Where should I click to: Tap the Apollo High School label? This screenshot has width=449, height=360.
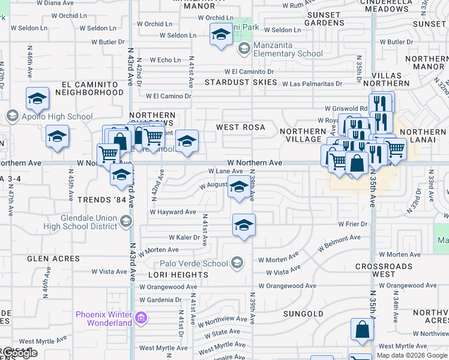click(55, 116)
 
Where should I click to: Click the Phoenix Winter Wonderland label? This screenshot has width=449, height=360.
click(103, 319)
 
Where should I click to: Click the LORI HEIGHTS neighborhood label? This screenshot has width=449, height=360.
click(178, 275)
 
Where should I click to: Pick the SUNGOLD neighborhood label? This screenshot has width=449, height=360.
click(304, 314)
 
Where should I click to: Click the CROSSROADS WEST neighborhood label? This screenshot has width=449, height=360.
click(383, 270)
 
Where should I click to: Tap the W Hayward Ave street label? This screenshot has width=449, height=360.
click(173, 212)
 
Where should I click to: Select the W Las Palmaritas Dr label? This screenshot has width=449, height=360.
click(312, 84)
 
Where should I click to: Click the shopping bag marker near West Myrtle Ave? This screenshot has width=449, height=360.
click(363, 330)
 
